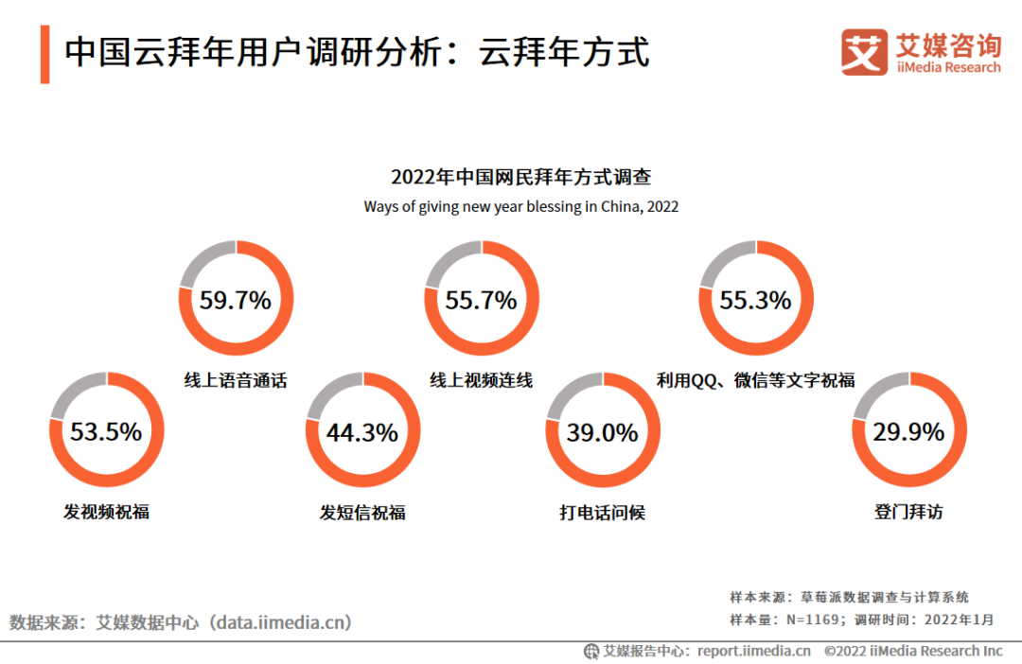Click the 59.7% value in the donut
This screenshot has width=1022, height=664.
[236, 301]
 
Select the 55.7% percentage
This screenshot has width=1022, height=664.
[482, 301]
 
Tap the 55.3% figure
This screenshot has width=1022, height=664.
[755, 301]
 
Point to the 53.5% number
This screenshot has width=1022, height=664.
[106, 432]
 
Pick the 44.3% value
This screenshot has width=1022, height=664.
[362, 432]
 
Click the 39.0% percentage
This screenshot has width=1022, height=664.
[603, 432]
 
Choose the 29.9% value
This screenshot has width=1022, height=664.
[908, 432]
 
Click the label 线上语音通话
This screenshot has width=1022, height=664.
[236, 381]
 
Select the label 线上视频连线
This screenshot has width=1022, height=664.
[482, 381]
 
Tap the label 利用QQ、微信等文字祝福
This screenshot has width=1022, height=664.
[756, 381]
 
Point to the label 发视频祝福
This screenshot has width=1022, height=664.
[106, 513]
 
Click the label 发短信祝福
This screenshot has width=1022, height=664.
[362, 513]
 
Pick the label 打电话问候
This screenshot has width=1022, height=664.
[603, 513]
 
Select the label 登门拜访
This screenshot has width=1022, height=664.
[908, 513]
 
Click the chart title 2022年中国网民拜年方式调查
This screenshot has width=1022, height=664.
[520, 177]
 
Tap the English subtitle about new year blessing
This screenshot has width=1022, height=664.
[520, 206]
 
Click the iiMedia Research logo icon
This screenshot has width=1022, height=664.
[864, 53]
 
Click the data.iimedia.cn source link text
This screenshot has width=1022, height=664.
[282, 622]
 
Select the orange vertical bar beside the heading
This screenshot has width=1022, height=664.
[45, 55]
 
